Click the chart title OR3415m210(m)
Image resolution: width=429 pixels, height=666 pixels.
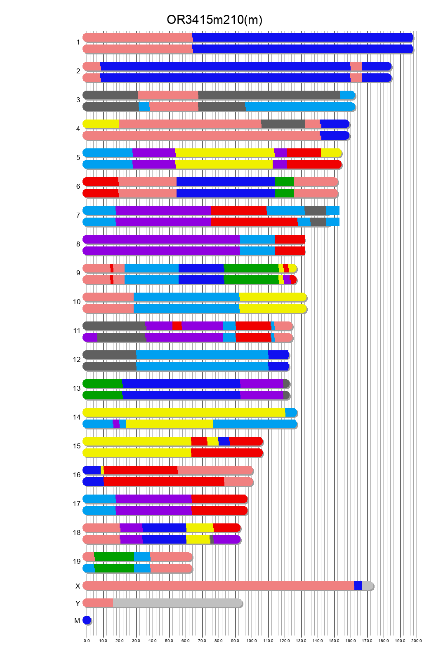tap(214, 20)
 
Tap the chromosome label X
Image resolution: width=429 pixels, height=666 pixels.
tap(78, 586)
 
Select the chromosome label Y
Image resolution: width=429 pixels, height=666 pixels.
tap(78, 603)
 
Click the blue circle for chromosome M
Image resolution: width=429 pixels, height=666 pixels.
tap(87, 620)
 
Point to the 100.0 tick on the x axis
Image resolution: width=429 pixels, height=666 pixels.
tap(252, 640)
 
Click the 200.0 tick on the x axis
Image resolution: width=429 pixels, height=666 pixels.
tap(417, 640)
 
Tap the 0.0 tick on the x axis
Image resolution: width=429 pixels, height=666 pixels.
tap(87, 640)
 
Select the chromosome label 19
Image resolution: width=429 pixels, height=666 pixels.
tap(77, 561)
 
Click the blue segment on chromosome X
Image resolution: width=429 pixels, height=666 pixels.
tap(358, 586)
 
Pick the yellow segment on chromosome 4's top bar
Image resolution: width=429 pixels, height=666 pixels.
tap(101, 124)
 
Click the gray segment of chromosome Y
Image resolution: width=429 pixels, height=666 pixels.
tap(177, 603)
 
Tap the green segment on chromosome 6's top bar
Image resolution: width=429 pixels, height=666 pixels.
tap(284, 182)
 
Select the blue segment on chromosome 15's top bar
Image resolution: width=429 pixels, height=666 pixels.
tap(224, 441)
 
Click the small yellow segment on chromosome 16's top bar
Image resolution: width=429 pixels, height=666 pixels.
tap(102, 470)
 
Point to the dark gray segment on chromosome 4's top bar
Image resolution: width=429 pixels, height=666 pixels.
tap(283, 124)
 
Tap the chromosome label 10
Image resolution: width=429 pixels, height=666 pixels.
tap(77, 302)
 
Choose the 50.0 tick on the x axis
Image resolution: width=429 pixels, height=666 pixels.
tap(169, 640)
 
